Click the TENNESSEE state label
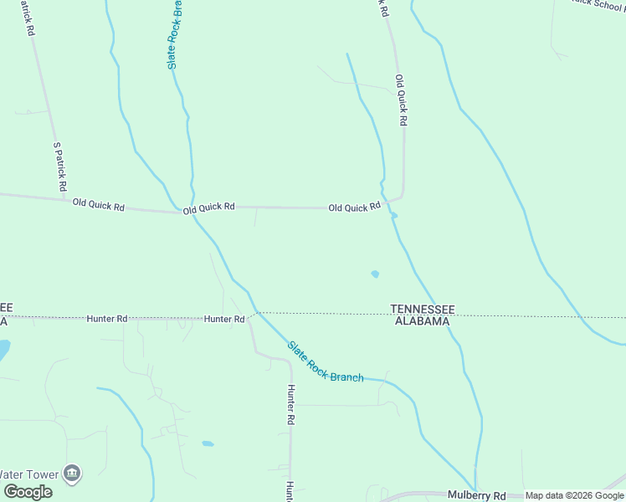coord(423,309)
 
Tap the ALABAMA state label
coord(423,320)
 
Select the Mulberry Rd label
coord(477,495)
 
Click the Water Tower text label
coord(30,474)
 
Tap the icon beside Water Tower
coord(73,474)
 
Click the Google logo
coord(28,492)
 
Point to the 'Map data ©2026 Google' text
coord(574,496)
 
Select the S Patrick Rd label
coord(59,166)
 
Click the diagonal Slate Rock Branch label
coord(326,362)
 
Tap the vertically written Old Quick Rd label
coord(401,100)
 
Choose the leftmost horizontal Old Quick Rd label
coord(98,204)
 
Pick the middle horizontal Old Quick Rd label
coord(209,207)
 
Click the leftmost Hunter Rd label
coord(107,319)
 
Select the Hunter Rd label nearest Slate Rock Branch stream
coord(224,319)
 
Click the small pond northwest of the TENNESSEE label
coord(375,274)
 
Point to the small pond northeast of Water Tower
coord(208,443)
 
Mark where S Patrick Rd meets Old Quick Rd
coord(65,198)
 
